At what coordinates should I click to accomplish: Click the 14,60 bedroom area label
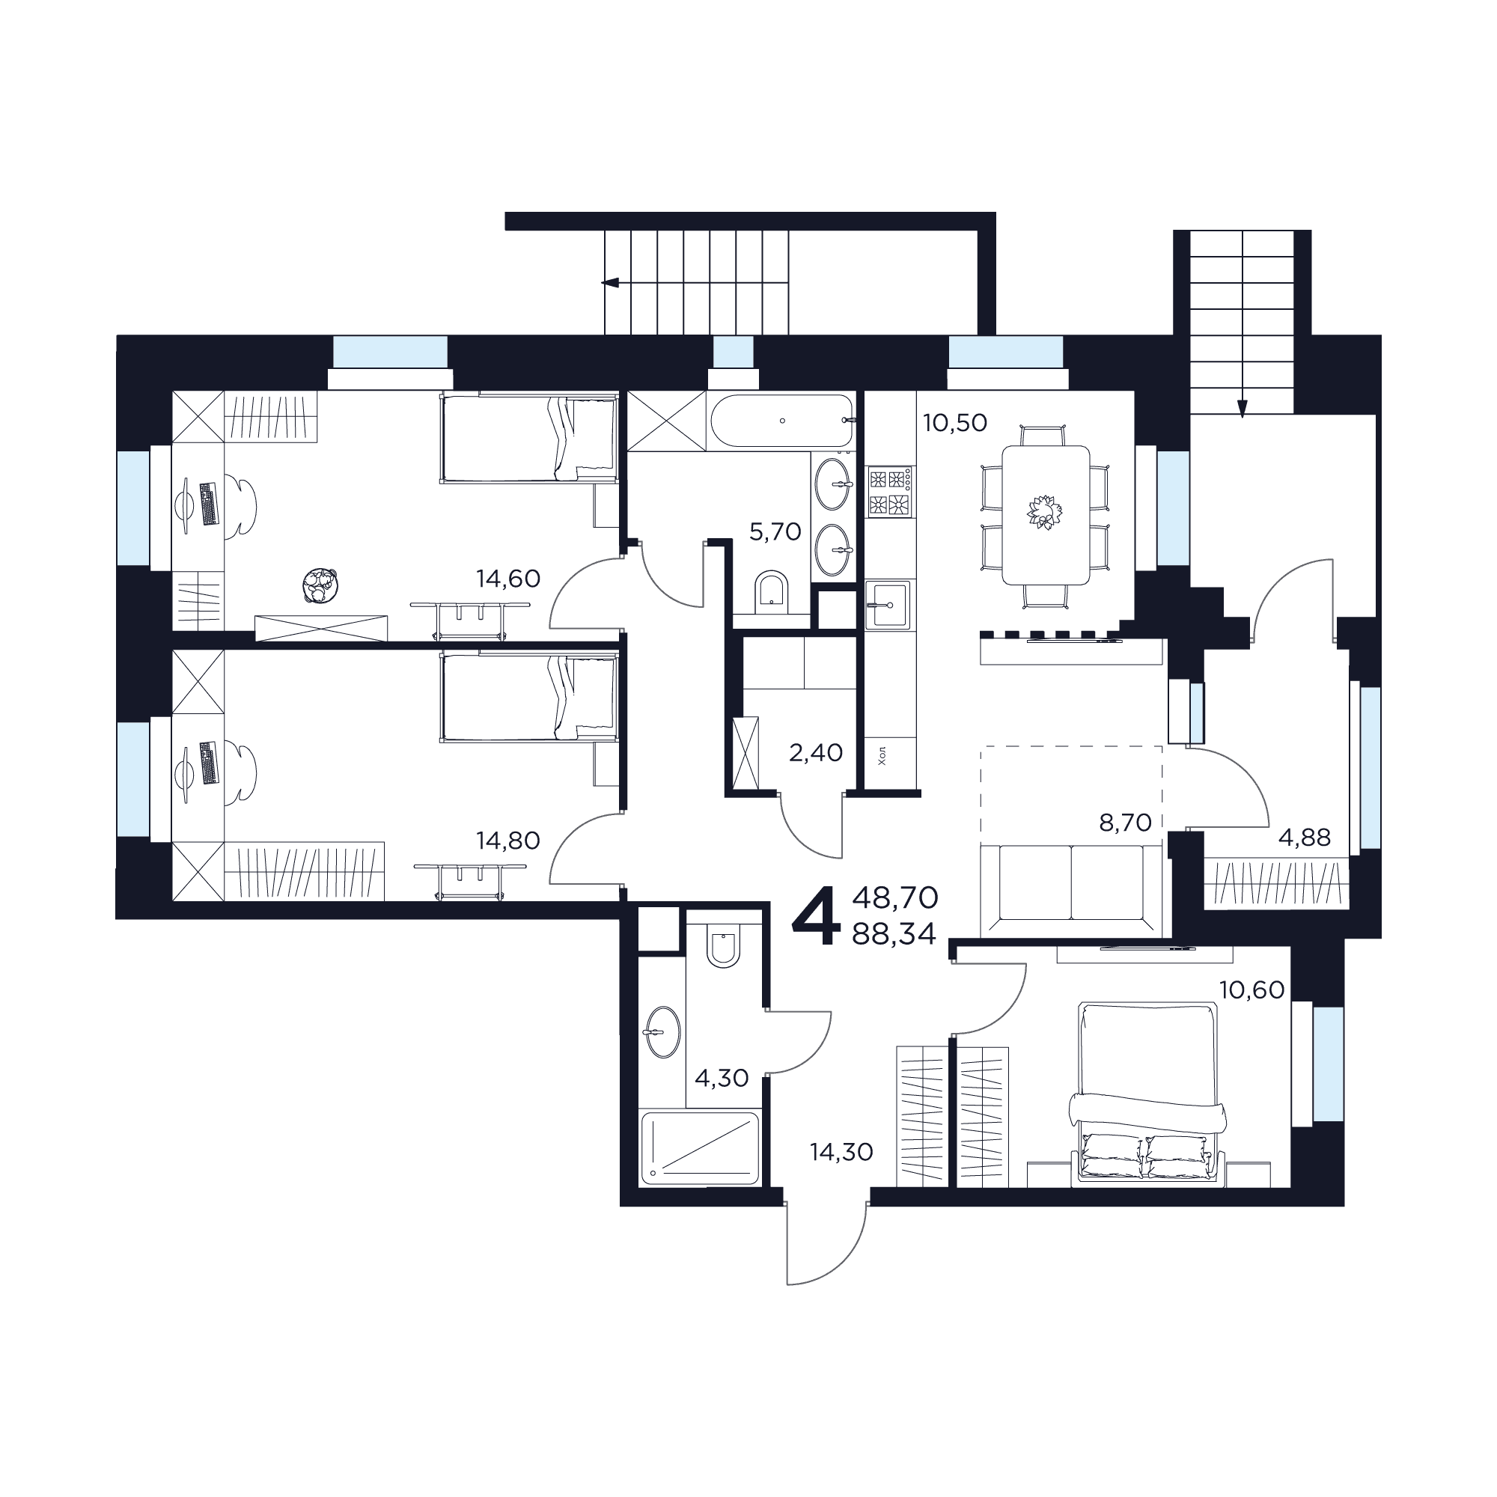coord(507,578)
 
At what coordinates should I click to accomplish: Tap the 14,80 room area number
coord(507,840)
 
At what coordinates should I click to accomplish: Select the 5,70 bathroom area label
coord(775,531)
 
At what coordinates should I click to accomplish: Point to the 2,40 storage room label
coord(816,751)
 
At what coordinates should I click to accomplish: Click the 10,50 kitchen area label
coord(955,422)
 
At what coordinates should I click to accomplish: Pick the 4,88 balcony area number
coord(1305,837)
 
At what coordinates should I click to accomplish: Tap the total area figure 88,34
coord(894,934)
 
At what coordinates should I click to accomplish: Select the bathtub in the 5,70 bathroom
coord(783,421)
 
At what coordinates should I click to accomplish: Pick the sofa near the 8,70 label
coord(1072,890)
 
